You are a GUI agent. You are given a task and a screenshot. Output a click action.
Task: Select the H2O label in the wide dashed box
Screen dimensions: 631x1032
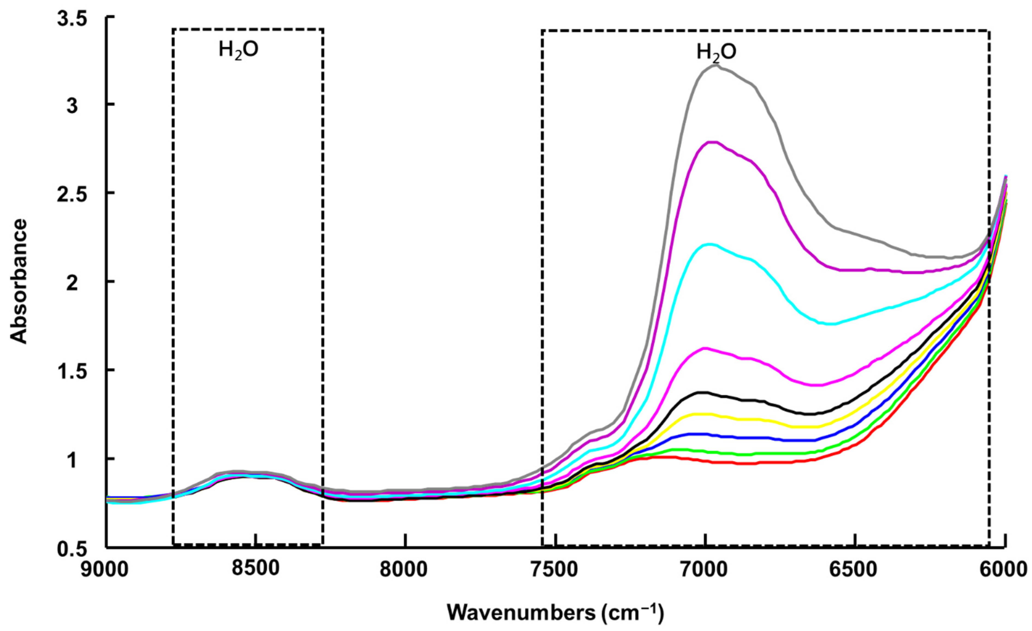coord(717,53)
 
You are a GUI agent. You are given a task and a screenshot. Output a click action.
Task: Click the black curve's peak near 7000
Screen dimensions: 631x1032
coord(705,393)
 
